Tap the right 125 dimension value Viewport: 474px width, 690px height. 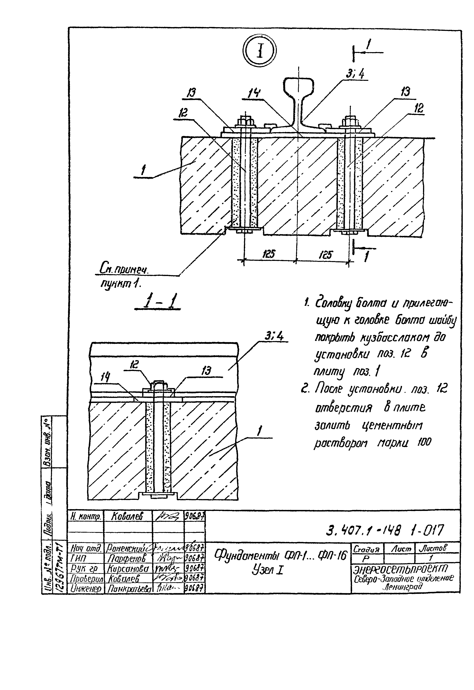[326, 254]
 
